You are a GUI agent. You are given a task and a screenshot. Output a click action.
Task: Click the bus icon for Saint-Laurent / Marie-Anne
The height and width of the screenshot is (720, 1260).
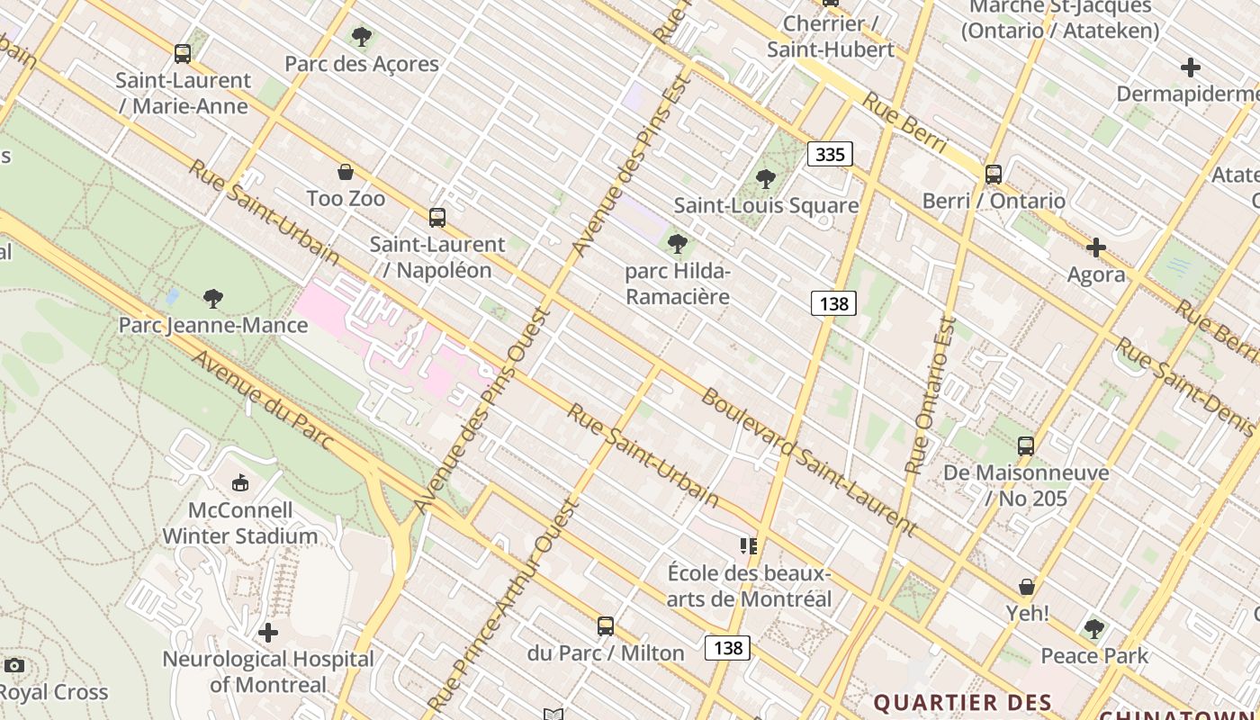pyautogui.click(x=183, y=54)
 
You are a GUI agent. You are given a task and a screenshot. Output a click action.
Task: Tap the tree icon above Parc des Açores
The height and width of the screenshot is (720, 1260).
pyautogui.click(x=362, y=37)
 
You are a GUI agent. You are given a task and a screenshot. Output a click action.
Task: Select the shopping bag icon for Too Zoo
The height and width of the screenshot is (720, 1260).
pyautogui.click(x=345, y=172)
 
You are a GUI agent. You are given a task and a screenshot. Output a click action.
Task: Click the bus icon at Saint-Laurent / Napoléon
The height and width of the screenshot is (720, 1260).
pyautogui.click(x=437, y=217)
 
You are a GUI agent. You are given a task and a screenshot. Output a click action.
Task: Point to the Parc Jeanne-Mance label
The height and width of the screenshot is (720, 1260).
pyautogui.click(x=213, y=325)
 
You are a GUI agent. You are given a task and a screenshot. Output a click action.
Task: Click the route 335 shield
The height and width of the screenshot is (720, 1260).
pyautogui.click(x=830, y=154)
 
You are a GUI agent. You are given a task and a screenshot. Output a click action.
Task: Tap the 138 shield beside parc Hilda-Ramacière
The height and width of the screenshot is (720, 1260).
pyautogui.click(x=833, y=303)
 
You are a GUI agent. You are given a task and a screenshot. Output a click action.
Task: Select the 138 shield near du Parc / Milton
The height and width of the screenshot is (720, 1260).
pyautogui.click(x=727, y=648)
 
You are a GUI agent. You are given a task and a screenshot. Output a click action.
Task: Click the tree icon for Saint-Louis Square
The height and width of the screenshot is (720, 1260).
pyautogui.click(x=766, y=179)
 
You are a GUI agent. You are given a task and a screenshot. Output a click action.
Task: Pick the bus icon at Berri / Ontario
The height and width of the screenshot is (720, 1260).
pyautogui.click(x=994, y=175)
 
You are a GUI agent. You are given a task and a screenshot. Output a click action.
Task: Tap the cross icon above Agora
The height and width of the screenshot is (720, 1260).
pyautogui.click(x=1095, y=247)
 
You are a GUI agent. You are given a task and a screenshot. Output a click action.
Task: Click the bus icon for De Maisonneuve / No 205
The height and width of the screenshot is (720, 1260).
pyautogui.click(x=1026, y=445)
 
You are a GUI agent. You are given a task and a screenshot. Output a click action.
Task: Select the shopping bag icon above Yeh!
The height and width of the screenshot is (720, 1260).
pyautogui.click(x=1027, y=587)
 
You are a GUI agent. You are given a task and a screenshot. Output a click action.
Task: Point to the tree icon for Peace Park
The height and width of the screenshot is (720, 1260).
pyautogui.click(x=1094, y=629)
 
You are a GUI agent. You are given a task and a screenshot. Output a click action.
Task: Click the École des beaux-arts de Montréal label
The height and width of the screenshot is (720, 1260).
pyautogui.click(x=749, y=586)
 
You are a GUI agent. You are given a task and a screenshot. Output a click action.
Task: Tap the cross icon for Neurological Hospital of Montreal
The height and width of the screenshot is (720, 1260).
pyautogui.click(x=267, y=633)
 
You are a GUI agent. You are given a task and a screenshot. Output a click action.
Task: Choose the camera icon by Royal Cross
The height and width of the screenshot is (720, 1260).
pyautogui.click(x=13, y=666)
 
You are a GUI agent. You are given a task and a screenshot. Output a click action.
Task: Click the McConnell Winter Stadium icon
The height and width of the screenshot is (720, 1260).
pyautogui.click(x=240, y=484)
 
